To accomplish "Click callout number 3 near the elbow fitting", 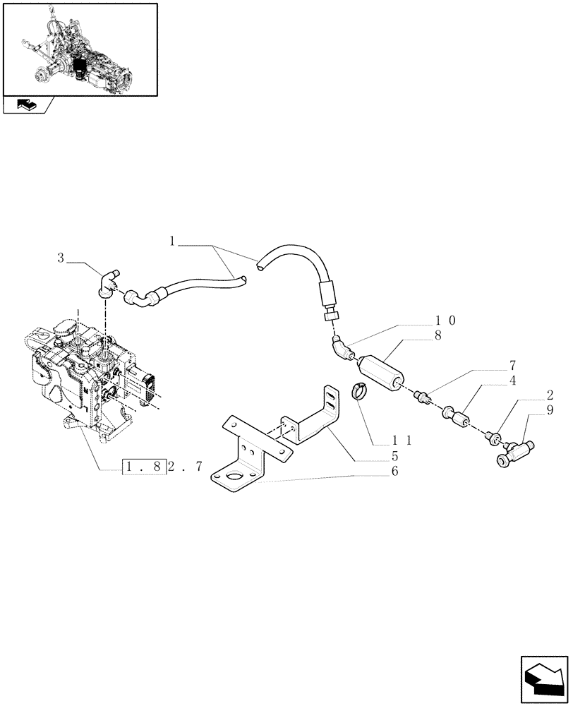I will [x=61, y=259].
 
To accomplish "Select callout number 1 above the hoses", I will [x=171, y=241].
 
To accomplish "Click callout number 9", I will [x=549, y=409].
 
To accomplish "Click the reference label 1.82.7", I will [x=163, y=467].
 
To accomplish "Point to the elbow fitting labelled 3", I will [x=107, y=282].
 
